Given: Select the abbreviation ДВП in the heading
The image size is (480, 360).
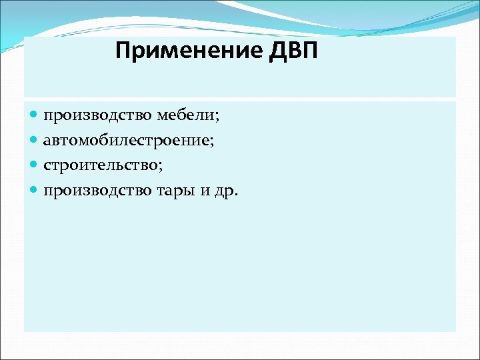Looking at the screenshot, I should [293, 51].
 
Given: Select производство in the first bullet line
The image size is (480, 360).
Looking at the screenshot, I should [97, 116].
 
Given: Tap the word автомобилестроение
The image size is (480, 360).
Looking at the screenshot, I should [126, 141].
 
